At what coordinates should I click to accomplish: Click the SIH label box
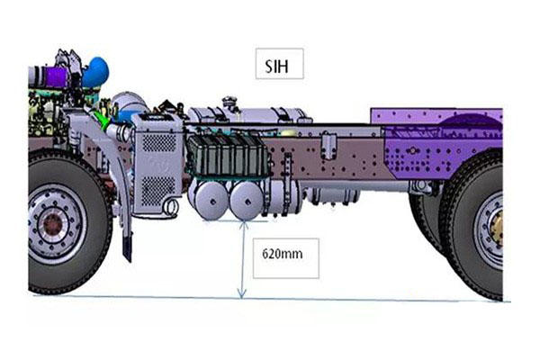(x=279, y=64)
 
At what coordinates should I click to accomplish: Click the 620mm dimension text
(x=283, y=254)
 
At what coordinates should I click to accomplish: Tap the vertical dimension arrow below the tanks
(x=242, y=260)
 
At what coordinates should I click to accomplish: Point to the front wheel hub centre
(x=52, y=224)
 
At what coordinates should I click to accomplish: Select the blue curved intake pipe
(x=95, y=72)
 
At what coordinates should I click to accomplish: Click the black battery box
(x=229, y=155)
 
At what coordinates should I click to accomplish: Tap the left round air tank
(x=211, y=202)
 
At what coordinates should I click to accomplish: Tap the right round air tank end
(x=247, y=201)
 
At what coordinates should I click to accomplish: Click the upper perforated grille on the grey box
(x=158, y=142)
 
